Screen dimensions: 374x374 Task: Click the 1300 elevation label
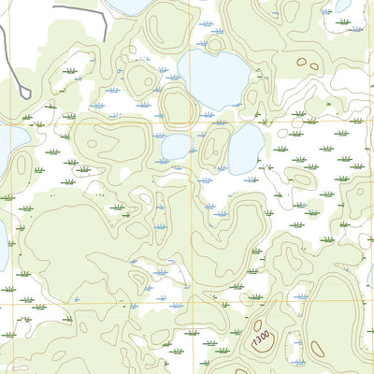262,337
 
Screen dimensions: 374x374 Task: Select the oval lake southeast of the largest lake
246,148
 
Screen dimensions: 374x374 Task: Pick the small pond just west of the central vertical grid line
177,147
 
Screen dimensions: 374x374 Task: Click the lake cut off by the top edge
131,6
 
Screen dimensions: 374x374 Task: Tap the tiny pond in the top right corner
343,5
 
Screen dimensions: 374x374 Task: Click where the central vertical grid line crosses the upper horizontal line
198,121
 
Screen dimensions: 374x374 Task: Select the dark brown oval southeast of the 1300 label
316,350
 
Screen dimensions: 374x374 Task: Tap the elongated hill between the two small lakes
214,147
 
